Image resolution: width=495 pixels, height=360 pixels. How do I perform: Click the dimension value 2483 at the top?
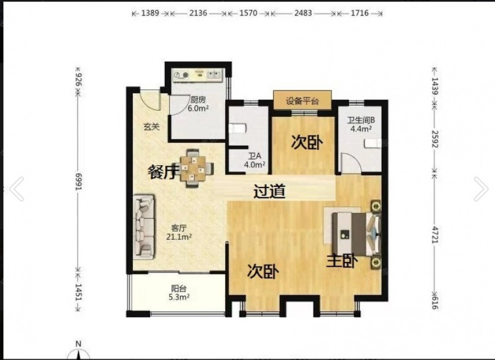point(303,13)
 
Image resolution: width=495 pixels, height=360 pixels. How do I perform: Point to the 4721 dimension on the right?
point(435,235)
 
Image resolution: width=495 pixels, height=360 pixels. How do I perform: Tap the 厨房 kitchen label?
point(198,99)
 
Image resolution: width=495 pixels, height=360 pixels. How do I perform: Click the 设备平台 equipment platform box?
point(302,100)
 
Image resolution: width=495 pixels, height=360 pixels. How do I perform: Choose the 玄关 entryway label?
point(151,127)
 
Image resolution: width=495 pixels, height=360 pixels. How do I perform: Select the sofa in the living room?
point(144,227)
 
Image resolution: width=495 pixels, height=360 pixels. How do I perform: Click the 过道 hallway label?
point(270,191)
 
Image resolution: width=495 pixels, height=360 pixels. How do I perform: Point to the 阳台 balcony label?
point(179,288)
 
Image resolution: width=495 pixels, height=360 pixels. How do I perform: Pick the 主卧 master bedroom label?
point(342,261)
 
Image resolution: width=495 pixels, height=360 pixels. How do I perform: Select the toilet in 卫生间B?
point(373,143)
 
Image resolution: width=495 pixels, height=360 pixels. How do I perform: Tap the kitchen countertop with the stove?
point(198,75)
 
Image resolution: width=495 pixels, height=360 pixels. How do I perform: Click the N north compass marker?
point(79,344)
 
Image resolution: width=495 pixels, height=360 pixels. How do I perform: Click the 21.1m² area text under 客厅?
point(179,236)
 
